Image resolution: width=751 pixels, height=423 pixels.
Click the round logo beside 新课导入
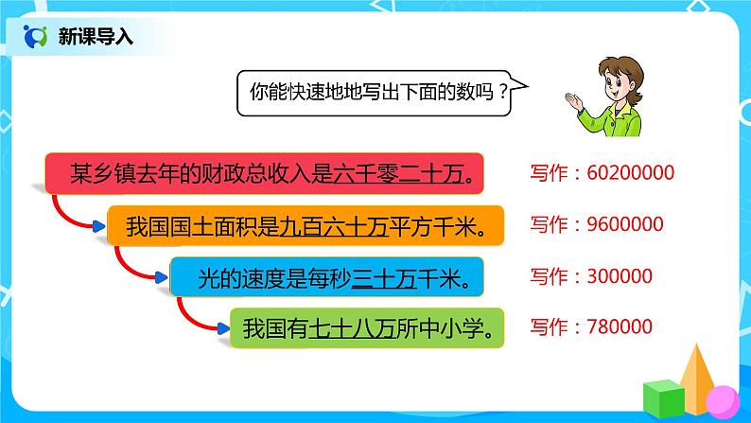click(37, 37)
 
